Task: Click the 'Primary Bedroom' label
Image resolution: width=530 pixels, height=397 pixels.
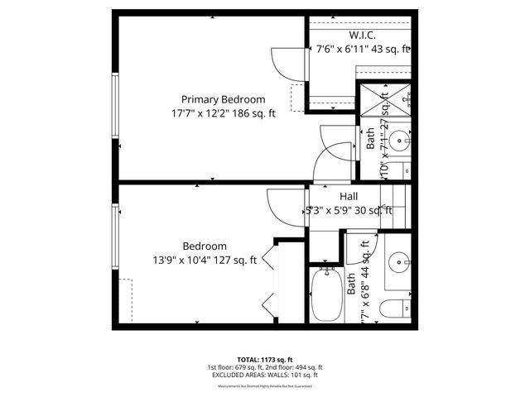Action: click(224, 98)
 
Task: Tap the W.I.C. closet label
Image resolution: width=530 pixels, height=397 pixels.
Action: click(364, 35)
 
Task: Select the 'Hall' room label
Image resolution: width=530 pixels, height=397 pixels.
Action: click(348, 196)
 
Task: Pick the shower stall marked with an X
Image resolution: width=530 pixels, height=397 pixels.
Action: click(384, 100)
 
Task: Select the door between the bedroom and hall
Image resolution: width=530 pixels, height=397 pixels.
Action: click(279, 204)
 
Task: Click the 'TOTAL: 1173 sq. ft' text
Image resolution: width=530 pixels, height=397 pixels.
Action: click(265, 360)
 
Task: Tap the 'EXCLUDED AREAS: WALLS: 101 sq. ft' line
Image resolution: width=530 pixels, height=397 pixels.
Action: click(265, 375)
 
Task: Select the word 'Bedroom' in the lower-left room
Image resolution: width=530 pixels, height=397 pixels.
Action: click(205, 246)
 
